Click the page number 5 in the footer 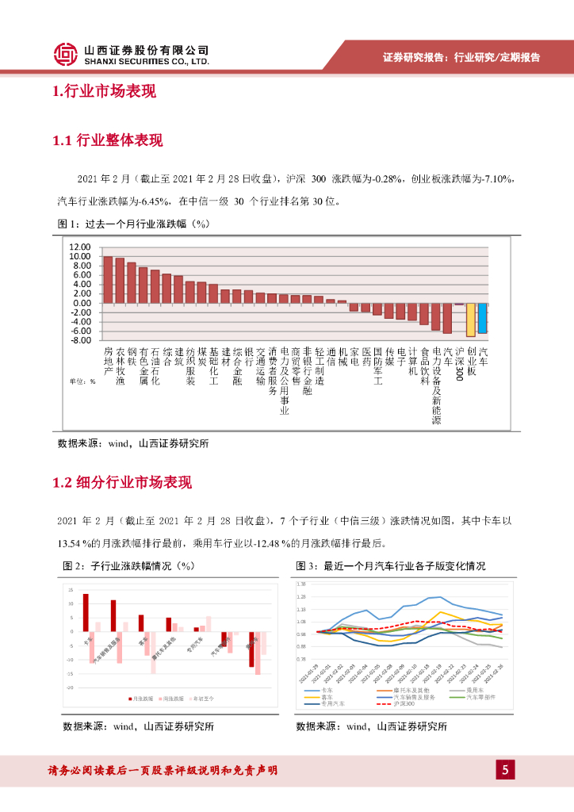pyautogui.click(x=505, y=769)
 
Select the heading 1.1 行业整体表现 pyautogui.click(x=107, y=141)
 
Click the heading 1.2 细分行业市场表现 pyautogui.click(x=122, y=483)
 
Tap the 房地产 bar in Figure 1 pyautogui.click(x=108, y=279)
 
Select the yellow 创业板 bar pyautogui.click(x=471, y=320)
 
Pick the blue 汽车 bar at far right pyautogui.click(x=482, y=318)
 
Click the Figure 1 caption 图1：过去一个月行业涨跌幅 pyautogui.click(x=133, y=224)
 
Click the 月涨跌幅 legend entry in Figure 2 pyautogui.click(x=140, y=699)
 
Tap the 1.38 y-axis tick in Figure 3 pyautogui.click(x=300, y=584)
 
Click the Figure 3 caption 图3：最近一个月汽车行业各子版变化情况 pyautogui.click(x=391, y=566)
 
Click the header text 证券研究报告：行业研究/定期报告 pyautogui.click(x=461, y=57)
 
